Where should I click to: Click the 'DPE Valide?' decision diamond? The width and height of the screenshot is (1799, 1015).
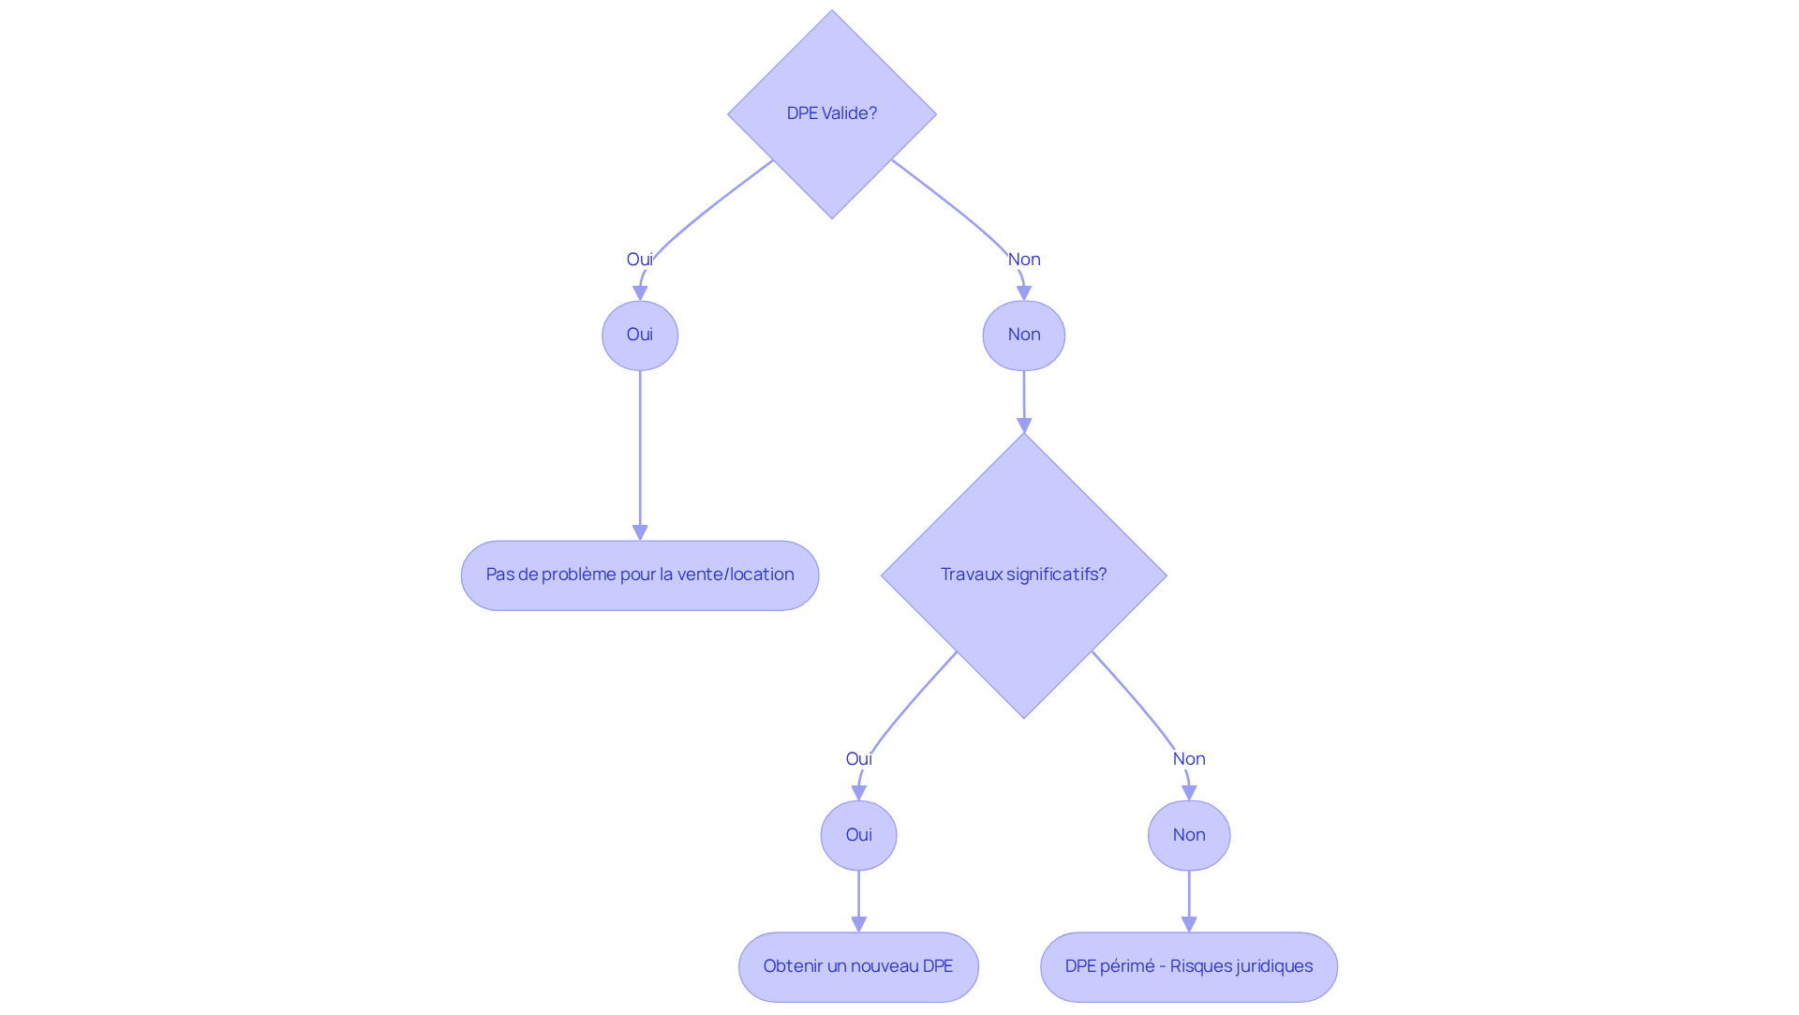[x=831, y=114]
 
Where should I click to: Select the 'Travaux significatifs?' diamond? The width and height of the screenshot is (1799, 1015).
[x=1023, y=575]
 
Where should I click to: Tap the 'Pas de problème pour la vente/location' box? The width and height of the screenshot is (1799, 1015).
[x=640, y=575]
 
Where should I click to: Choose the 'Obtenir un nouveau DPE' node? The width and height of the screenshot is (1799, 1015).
[x=858, y=966]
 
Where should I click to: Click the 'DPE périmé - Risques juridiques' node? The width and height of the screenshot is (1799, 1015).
[x=1188, y=966]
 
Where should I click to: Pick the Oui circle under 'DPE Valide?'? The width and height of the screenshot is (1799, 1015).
[x=640, y=335]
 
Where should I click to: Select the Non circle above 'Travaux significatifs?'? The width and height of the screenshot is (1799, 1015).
[x=1023, y=335]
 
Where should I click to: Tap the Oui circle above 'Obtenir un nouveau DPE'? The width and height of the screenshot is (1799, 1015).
[x=858, y=835]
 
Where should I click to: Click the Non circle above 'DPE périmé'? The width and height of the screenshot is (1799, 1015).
[x=1188, y=835]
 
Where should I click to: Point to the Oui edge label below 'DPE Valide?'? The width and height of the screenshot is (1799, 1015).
[x=640, y=260]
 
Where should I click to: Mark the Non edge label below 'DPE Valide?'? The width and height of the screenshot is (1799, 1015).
[x=1023, y=260]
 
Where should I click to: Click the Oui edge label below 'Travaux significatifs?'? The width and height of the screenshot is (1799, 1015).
[x=858, y=759]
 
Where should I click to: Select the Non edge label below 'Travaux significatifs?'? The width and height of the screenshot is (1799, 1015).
[x=1188, y=759]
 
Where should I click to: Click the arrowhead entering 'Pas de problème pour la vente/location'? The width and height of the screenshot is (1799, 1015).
[x=640, y=532]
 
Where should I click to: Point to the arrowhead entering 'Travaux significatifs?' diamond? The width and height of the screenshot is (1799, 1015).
[x=1023, y=425]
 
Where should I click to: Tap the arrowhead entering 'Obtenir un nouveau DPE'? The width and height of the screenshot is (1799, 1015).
[x=858, y=924]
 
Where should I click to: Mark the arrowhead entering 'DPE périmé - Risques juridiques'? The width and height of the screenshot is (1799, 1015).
[x=1188, y=924]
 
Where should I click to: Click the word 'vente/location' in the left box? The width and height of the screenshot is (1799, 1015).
[x=749, y=575]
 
